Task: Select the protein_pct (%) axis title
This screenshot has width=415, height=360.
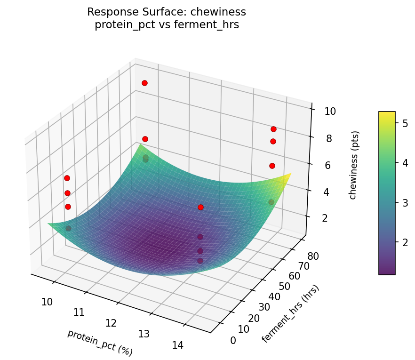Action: [x=100, y=343]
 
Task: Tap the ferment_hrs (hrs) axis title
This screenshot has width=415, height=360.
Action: [x=290, y=314]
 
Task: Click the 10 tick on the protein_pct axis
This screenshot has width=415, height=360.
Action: [x=47, y=302]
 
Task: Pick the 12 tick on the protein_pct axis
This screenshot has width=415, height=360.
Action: [x=111, y=323]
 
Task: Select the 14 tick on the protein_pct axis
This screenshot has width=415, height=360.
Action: [x=177, y=345]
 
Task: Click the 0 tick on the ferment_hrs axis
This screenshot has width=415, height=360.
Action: [x=233, y=340]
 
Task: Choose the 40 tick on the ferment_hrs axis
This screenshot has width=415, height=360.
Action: [x=275, y=297]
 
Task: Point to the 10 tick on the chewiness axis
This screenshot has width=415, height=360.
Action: [x=330, y=112]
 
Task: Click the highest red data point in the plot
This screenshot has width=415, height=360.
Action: [x=144, y=83]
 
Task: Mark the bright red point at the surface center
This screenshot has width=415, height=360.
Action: [x=200, y=207]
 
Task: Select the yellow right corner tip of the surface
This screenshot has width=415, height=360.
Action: [x=290, y=174]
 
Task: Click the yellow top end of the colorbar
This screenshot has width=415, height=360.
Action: [x=387, y=113]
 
